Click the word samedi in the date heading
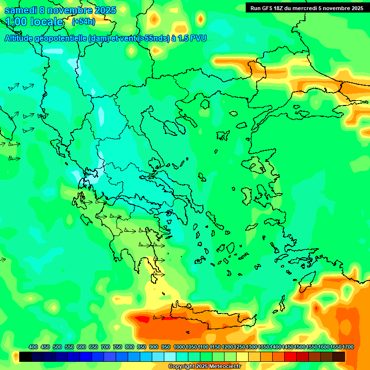(20, 10)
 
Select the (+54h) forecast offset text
(83, 22)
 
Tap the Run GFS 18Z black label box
(306, 8)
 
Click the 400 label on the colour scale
(33, 347)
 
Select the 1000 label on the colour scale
(179, 347)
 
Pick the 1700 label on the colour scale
(348, 347)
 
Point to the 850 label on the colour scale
(142, 347)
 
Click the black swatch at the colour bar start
(26, 357)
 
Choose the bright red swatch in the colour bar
(291, 357)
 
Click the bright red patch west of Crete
(143, 318)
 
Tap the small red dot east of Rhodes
(316, 307)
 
